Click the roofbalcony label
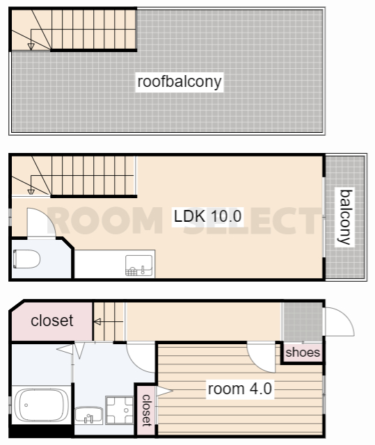179,82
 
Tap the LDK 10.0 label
207,216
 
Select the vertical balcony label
346,217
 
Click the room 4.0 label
240,389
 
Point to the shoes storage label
303,353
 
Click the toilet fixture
26,259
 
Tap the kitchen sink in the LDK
139,266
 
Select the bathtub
42,405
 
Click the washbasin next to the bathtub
89,416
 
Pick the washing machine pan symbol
119,410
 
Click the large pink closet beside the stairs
52,321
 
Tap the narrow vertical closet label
147,410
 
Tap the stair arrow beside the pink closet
108,322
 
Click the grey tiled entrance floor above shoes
303,322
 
